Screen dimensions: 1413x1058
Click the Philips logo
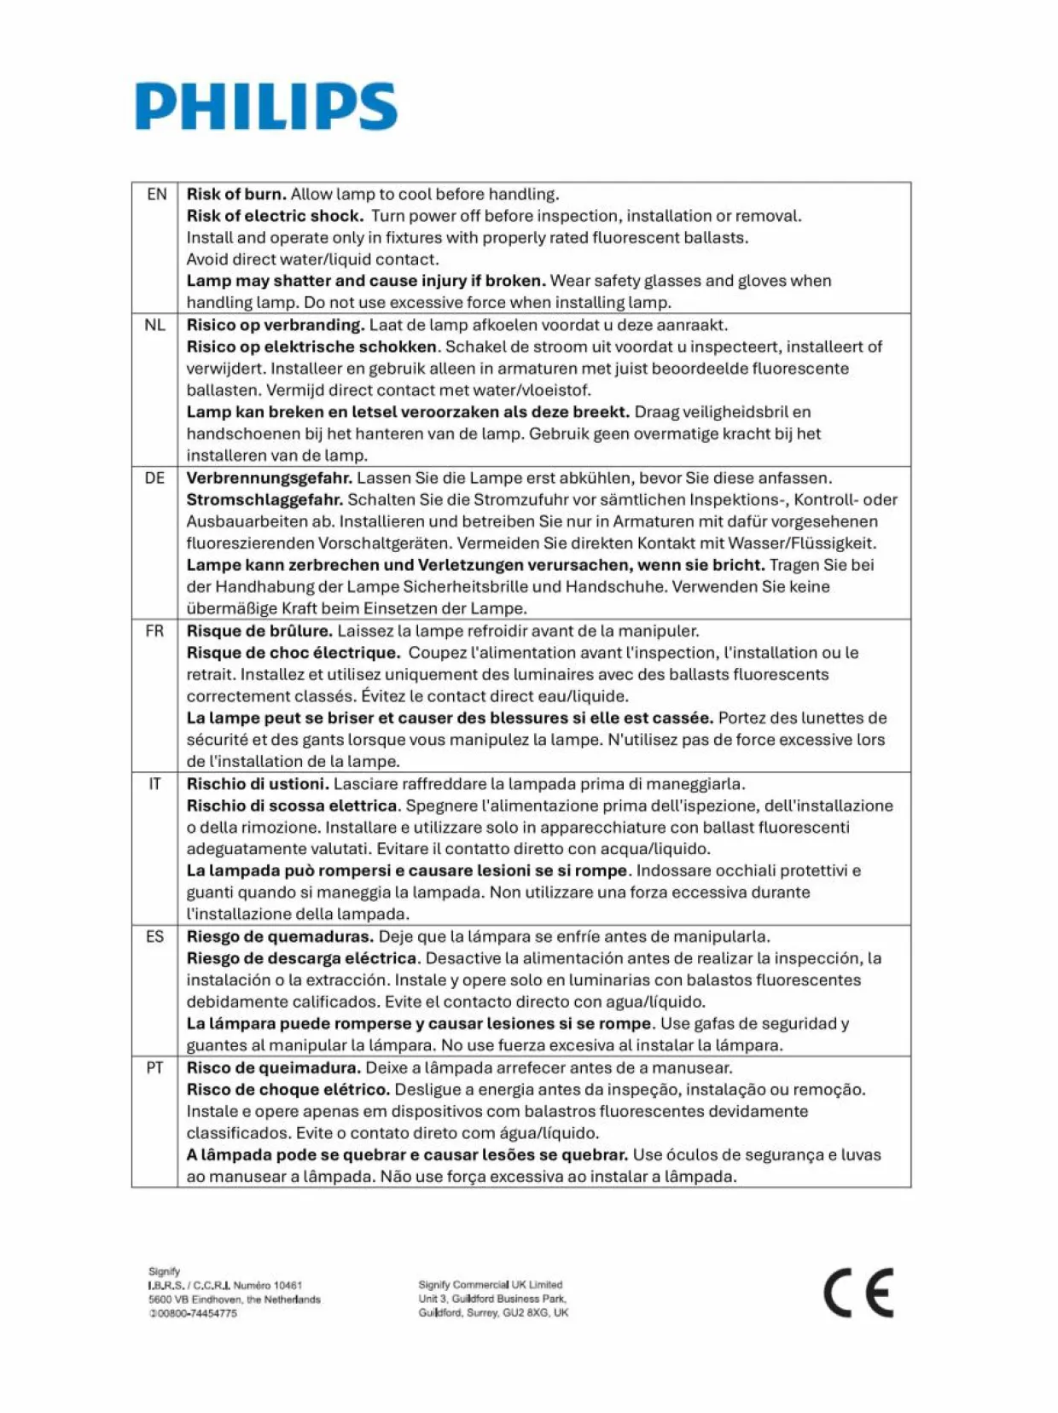(266, 107)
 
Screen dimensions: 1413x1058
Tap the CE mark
(858, 1293)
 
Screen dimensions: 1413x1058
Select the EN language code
(156, 195)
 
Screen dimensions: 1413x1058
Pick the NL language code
(154, 325)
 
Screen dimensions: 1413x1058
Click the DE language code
(154, 478)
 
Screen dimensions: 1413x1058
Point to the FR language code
(154, 631)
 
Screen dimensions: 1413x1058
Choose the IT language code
(154, 784)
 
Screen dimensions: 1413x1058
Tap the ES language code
(154, 937)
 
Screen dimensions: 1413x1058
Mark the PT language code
(154, 1068)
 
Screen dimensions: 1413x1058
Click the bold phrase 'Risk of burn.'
(236, 195)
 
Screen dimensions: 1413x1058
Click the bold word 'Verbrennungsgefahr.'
(269, 478)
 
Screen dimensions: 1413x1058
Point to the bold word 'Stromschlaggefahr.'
(264, 499)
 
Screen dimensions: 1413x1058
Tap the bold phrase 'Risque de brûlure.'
(259, 631)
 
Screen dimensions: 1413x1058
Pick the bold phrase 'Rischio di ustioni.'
(258, 784)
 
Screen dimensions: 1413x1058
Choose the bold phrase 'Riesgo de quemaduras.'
(280, 937)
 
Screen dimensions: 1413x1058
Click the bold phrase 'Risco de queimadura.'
(274, 1068)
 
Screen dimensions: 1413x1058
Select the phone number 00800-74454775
(196, 1313)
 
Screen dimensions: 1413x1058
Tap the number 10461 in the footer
(288, 1285)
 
